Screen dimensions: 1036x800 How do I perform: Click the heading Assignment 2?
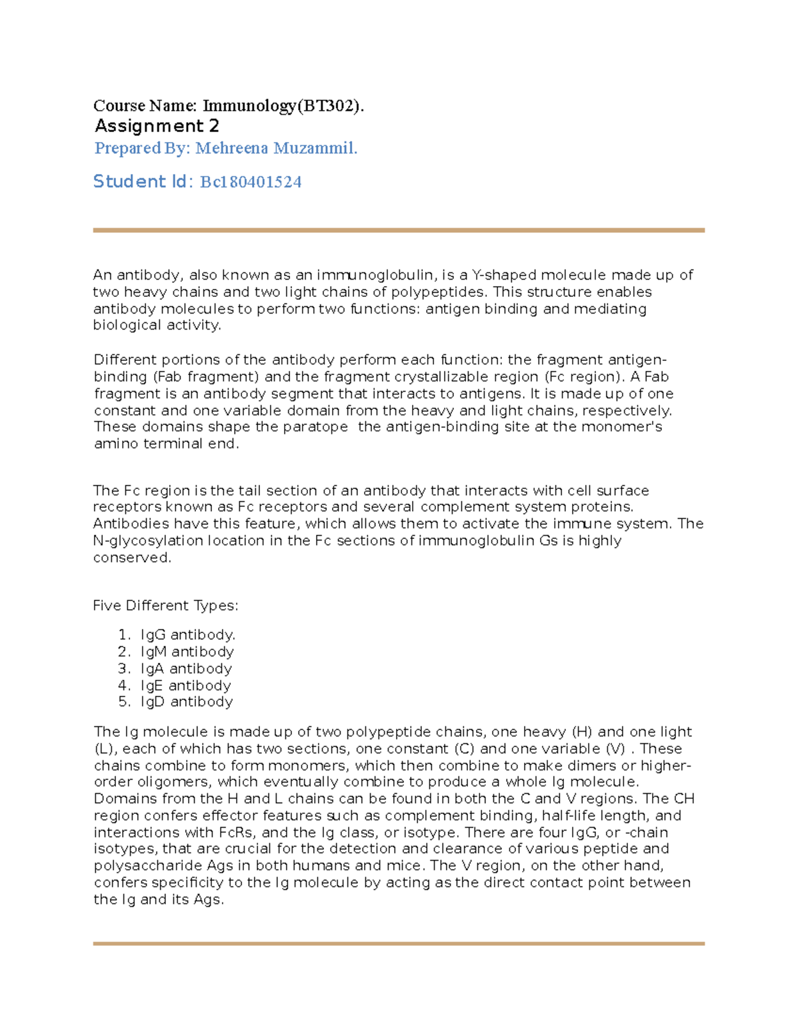pos(157,126)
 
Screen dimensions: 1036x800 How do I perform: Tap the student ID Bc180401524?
pos(251,181)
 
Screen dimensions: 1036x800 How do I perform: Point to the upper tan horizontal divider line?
pos(399,230)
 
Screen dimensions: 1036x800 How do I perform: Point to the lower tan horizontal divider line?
pos(399,943)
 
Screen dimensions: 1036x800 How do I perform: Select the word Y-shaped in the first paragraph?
pos(504,275)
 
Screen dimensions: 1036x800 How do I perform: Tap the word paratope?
pos(315,426)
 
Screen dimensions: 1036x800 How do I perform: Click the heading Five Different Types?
pos(165,606)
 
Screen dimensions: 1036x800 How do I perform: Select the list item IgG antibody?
pos(187,634)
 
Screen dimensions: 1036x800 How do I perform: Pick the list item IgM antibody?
pos(187,652)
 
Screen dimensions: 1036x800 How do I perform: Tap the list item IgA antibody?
pos(186,668)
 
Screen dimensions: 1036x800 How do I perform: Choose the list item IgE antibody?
pos(185,685)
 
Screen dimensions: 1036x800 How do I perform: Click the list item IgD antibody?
pos(186,702)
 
